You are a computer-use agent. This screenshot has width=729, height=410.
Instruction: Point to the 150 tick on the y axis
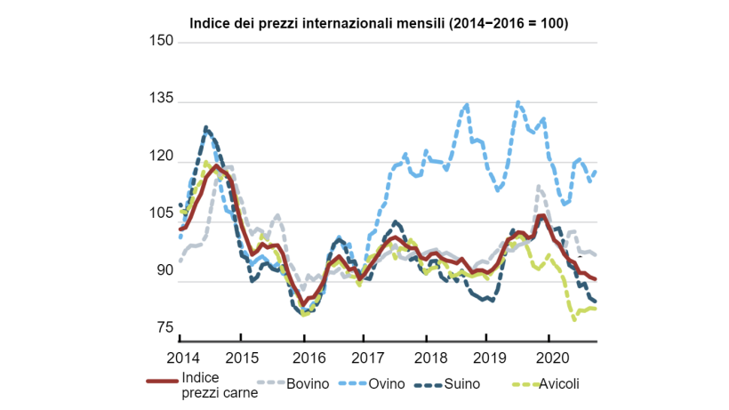tap(161, 42)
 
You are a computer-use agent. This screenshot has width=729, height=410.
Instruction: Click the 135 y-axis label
tap(161, 101)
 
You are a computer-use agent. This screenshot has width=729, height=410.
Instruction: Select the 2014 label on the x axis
tap(181, 357)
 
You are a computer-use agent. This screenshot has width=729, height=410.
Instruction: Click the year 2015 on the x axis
tap(242, 357)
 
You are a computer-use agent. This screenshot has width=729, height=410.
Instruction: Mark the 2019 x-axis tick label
tap(487, 357)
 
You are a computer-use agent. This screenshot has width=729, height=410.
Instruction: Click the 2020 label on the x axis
tap(549, 357)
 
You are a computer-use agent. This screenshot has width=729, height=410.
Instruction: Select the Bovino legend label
tap(308, 383)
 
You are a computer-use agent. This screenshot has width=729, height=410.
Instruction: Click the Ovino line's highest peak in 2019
tap(519, 102)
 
